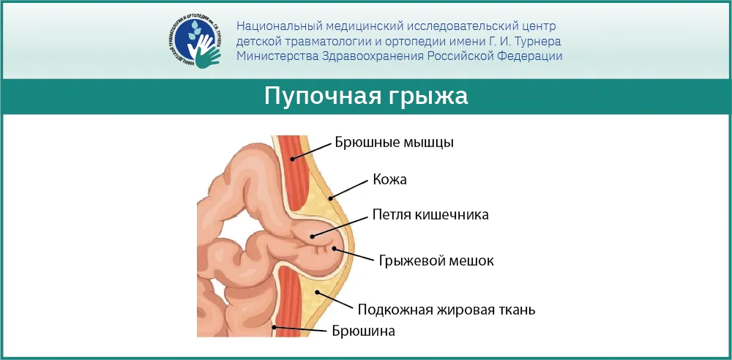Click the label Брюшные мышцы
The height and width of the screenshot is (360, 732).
coord(395,143)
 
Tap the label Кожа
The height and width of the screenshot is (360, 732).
coord(389,179)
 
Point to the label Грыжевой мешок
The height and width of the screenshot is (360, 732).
coord(435,260)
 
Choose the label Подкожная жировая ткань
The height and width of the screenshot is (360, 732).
coord(447,309)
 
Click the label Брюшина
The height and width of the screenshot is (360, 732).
coord(364,331)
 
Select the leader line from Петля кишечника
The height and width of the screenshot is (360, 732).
coord(340,225)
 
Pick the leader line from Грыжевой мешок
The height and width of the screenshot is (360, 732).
coord(353,254)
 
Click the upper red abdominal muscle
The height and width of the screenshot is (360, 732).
coord(293,175)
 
